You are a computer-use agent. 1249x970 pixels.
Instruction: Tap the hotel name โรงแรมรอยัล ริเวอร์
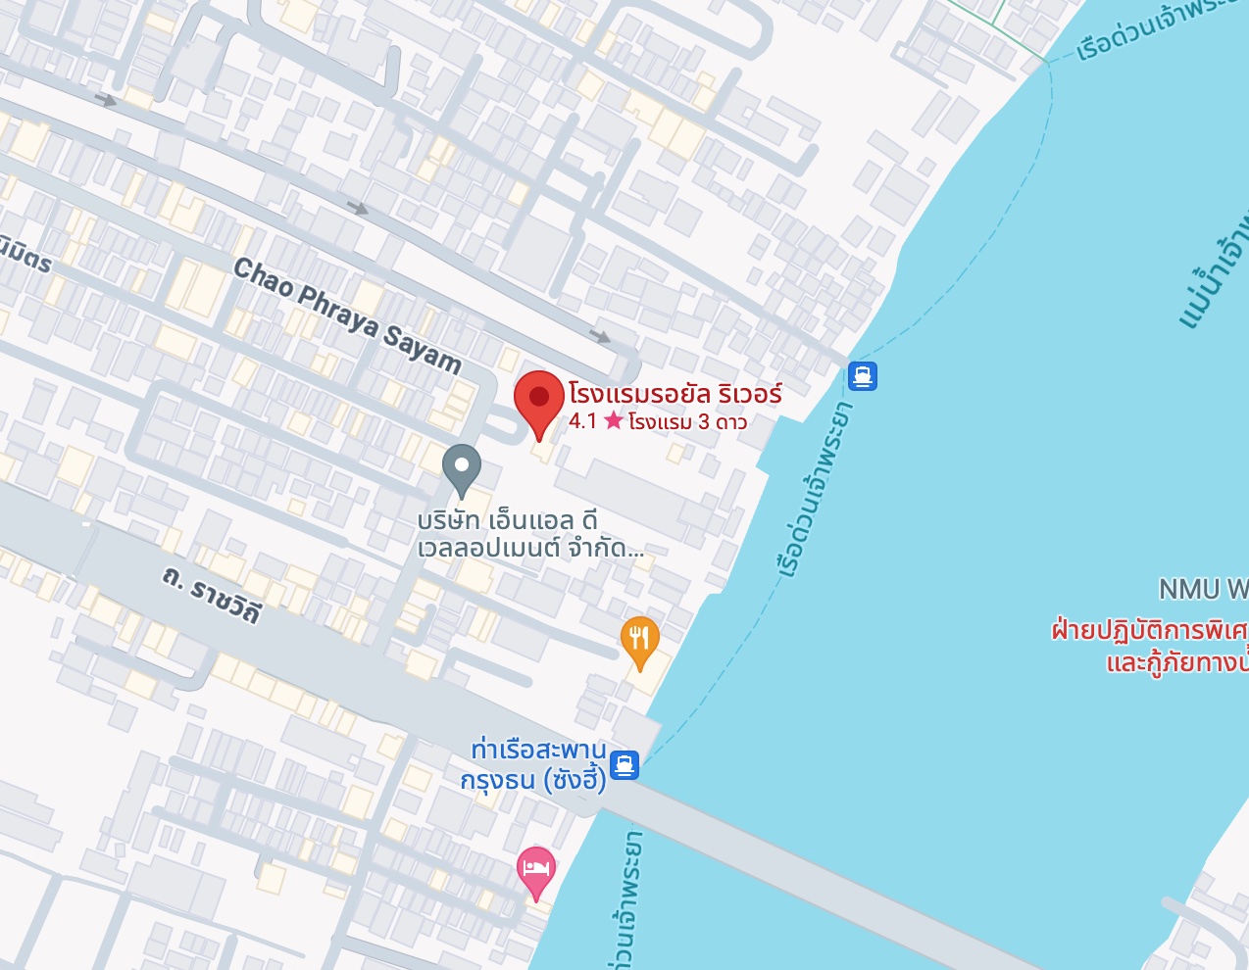point(674,394)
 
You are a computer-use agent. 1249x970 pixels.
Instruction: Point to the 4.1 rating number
point(582,421)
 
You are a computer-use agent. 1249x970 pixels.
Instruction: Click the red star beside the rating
point(614,421)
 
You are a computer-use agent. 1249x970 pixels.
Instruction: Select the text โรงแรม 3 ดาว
point(687,422)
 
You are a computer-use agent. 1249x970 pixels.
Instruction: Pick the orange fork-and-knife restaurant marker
point(639,640)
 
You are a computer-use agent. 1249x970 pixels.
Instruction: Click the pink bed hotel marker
point(535,869)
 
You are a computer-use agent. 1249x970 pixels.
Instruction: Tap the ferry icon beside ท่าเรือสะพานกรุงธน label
point(624,764)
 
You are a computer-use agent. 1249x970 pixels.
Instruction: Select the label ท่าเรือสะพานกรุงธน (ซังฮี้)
point(534,764)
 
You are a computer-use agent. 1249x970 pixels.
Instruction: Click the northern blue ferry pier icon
point(862,376)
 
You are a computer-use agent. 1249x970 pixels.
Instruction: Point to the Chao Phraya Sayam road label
point(347,315)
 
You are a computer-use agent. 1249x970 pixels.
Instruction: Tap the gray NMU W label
point(1202,589)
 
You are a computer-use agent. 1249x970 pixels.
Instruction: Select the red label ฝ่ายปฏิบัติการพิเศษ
point(1148,629)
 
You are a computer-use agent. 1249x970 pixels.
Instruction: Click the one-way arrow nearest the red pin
point(600,336)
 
